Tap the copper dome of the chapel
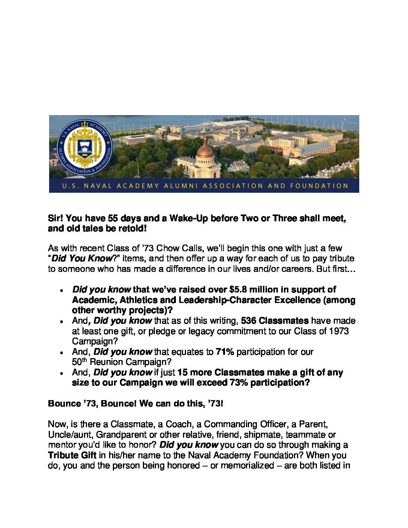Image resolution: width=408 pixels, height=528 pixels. [x=205, y=149]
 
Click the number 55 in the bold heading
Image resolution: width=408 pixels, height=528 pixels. [x=113, y=218]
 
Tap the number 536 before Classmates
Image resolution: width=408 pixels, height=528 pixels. [x=248, y=321]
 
